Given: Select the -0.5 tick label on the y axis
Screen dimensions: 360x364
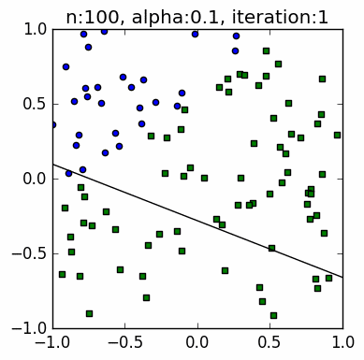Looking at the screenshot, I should pyautogui.click(x=29, y=253).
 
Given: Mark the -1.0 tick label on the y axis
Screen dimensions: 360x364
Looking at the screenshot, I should pyautogui.click(x=29, y=327).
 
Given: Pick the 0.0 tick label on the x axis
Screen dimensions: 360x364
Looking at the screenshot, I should pyautogui.click(x=197, y=343).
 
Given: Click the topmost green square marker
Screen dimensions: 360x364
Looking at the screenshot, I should pyautogui.click(x=266, y=51).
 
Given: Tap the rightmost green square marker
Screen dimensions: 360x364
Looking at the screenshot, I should pyautogui.click(x=337, y=135).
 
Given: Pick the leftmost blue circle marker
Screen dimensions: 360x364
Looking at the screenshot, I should pyautogui.click(x=52, y=124).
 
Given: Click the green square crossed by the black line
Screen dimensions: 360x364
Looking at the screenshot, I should pyautogui.click(x=271, y=248).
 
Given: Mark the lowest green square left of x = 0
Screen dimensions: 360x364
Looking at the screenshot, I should pyautogui.click(x=89, y=313).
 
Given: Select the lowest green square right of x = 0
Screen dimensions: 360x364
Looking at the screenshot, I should pyautogui.click(x=273, y=315).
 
